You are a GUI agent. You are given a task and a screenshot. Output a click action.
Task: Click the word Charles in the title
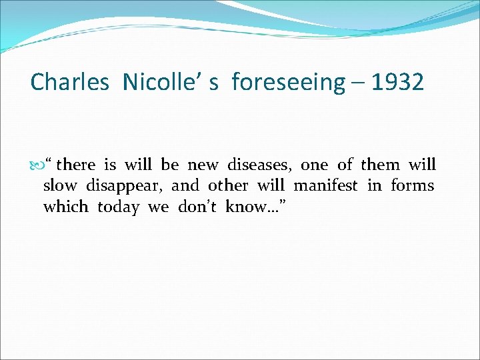pyautogui.click(x=69, y=83)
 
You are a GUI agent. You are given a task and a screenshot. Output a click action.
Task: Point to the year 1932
pyautogui.click(x=398, y=83)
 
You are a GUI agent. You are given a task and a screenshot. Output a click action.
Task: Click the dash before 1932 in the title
pyautogui.click(x=358, y=84)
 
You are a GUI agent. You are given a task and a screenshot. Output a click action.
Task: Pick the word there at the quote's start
pyautogui.click(x=76, y=165)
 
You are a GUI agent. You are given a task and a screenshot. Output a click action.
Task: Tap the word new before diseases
pyautogui.click(x=203, y=165)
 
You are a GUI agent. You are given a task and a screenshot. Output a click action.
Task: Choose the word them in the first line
pyautogui.click(x=380, y=165)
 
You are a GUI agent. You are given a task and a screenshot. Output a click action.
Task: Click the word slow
pyautogui.click(x=60, y=185)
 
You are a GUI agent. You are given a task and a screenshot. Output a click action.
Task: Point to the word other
pyautogui.click(x=228, y=185)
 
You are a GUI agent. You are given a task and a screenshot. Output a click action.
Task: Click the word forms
pyautogui.click(x=413, y=185)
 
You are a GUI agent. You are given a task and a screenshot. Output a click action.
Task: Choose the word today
pyautogui.click(x=119, y=207)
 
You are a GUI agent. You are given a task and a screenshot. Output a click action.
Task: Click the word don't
pyautogui.click(x=197, y=207)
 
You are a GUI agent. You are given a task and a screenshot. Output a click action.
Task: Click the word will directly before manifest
pyautogui.click(x=271, y=185)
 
